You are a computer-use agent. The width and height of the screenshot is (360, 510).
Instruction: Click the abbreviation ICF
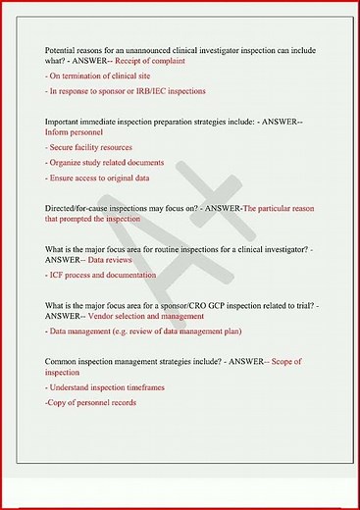coord(59,277)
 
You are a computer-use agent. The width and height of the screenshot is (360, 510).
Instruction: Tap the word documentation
coord(129,277)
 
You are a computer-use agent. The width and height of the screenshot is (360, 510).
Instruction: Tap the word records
coord(121,403)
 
